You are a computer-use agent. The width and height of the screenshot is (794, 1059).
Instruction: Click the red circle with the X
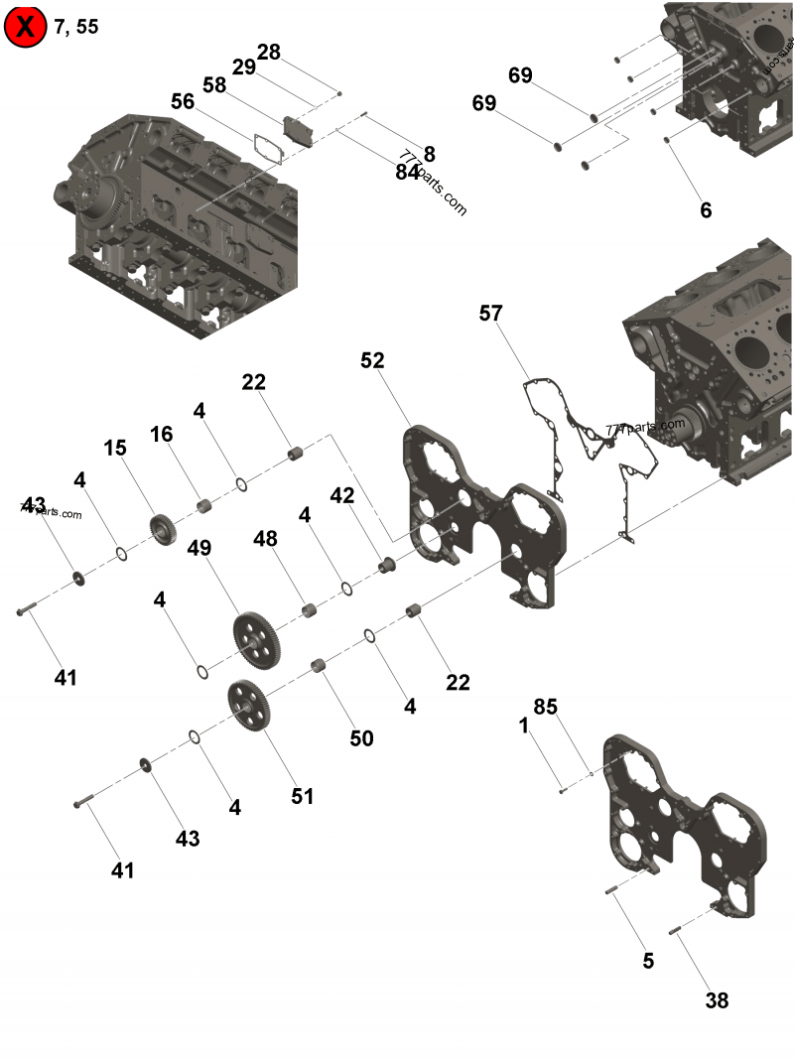(x=26, y=26)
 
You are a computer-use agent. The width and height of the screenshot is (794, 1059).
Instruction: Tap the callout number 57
(x=490, y=314)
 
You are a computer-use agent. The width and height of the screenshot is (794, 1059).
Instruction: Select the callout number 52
(x=372, y=360)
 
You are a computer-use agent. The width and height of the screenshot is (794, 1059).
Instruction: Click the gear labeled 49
(x=257, y=641)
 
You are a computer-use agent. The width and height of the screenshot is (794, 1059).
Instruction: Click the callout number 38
(x=717, y=1000)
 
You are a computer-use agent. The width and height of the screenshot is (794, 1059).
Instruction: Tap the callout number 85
(x=546, y=707)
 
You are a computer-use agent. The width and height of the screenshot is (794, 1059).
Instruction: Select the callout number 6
(x=706, y=210)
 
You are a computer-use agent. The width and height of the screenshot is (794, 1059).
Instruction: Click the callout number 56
(x=183, y=101)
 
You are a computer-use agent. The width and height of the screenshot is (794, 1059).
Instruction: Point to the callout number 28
(x=269, y=52)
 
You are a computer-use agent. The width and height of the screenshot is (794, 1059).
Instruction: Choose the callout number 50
(x=361, y=737)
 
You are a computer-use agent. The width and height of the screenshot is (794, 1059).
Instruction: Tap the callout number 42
(x=342, y=496)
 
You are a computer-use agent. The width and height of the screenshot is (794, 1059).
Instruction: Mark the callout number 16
(x=162, y=434)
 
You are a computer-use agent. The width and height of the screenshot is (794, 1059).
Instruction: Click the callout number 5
(x=648, y=961)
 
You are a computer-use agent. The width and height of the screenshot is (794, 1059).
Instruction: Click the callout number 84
(x=407, y=171)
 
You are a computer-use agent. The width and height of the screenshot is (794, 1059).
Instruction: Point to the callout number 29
(x=244, y=67)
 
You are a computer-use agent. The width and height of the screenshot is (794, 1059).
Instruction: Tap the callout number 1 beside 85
(x=524, y=726)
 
